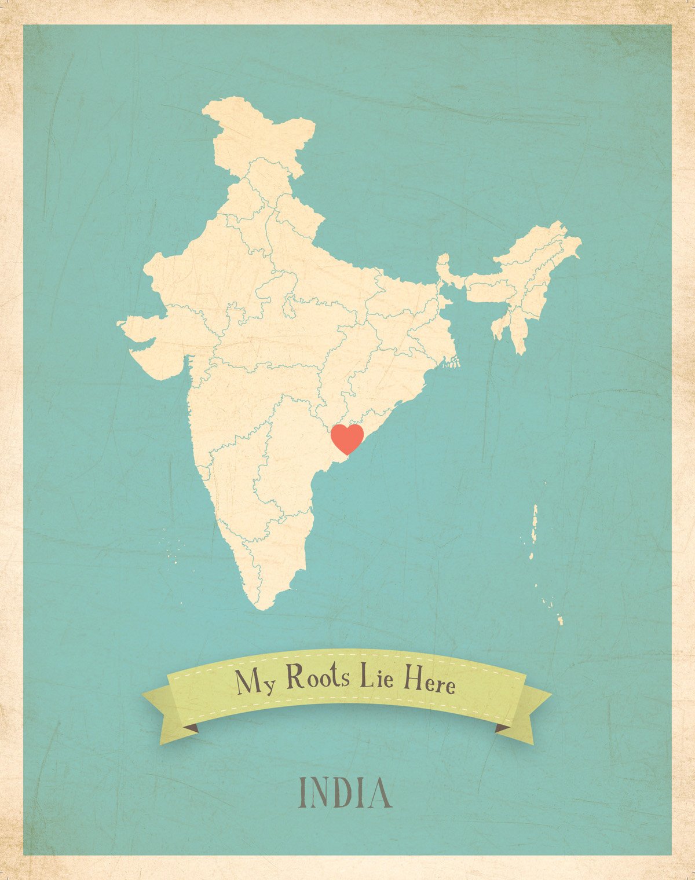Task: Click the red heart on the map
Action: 347,438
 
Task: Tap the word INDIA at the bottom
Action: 345,793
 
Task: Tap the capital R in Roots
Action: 295,676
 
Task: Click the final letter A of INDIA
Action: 380,793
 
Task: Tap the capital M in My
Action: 246,681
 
